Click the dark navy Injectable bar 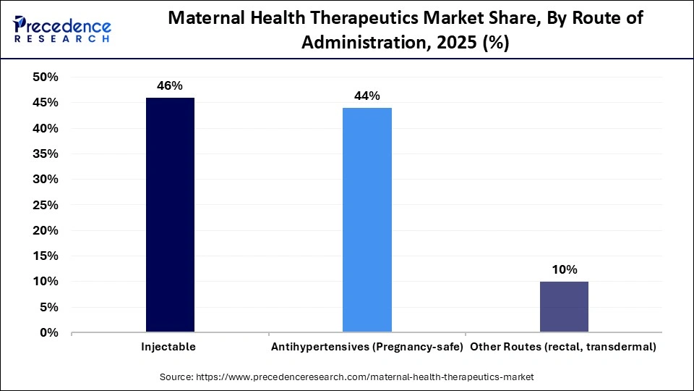(170, 215)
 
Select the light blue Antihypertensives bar (367, 220)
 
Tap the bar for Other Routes (564, 307)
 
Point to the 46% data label (170, 85)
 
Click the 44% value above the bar (367, 96)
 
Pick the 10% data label (564, 269)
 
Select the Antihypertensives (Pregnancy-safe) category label (367, 348)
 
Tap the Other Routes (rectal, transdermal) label (564, 348)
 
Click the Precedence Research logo (61, 29)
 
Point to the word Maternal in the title (203, 19)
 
